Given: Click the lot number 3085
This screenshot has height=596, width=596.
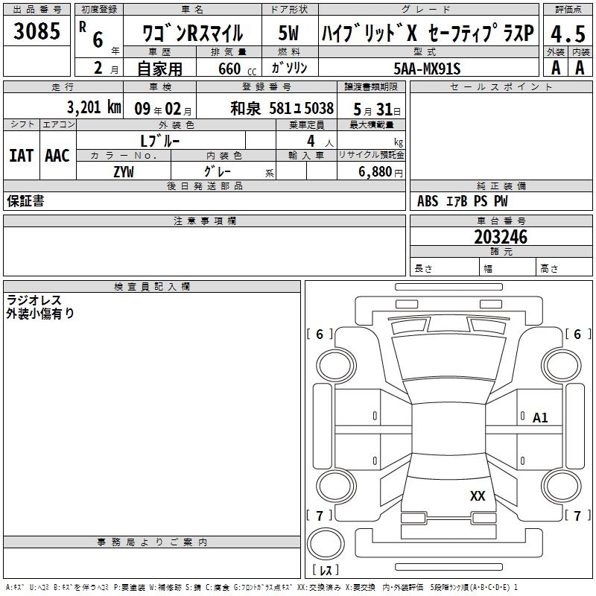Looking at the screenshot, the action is tap(37, 31).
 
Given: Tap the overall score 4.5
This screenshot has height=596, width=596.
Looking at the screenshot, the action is tap(568, 34).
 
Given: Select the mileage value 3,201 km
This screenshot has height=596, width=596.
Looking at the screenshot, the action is tap(94, 107).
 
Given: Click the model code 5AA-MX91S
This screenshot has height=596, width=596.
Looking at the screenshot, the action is tap(427, 69).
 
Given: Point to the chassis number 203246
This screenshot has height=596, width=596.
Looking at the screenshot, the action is tap(501, 237).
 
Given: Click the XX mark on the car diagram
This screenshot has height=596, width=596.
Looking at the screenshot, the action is tap(478, 496).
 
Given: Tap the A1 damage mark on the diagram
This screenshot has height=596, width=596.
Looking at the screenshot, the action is tap(540, 418).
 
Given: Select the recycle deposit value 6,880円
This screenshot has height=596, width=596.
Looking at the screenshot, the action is tap(381, 172).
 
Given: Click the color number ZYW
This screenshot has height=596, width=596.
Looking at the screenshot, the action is tap(124, 172).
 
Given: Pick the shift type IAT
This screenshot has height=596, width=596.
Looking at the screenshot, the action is tap(22, 156).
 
